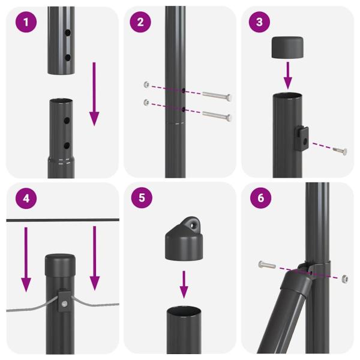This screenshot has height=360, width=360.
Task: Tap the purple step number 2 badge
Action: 140,23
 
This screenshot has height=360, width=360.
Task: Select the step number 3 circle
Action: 259,23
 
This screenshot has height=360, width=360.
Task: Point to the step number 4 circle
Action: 22,198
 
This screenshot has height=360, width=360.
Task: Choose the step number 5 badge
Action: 140,198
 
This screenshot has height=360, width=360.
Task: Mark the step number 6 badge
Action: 259,198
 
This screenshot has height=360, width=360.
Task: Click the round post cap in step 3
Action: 288,48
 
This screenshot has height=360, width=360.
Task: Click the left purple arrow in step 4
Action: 26,258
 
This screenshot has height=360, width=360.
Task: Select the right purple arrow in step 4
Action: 94,258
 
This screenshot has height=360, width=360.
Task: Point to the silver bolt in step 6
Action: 266,265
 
